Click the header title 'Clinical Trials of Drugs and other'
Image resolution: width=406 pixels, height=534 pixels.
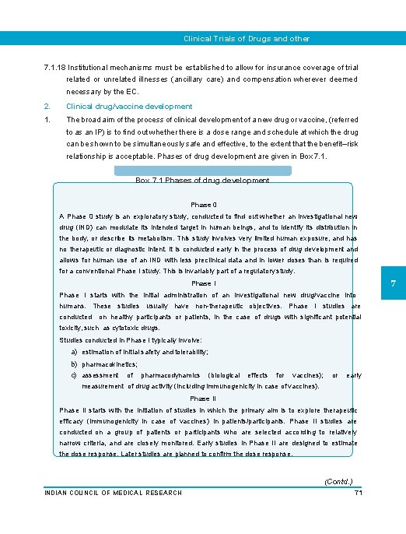246,38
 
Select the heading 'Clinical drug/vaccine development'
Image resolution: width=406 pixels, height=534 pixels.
129,106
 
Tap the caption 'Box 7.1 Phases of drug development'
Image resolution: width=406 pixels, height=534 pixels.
202,180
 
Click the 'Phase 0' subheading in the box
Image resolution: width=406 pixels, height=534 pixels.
203,203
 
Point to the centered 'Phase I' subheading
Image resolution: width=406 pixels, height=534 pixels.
203,284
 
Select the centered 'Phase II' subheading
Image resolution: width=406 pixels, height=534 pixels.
203,399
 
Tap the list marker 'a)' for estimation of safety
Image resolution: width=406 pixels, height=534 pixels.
74,352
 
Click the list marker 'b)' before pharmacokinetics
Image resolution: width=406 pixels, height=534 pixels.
74,364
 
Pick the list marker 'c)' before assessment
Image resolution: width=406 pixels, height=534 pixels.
74,375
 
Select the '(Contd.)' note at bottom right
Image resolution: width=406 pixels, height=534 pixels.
338,482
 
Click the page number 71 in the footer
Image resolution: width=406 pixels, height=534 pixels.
359,493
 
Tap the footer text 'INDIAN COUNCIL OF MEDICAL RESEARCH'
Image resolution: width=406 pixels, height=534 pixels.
114,493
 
